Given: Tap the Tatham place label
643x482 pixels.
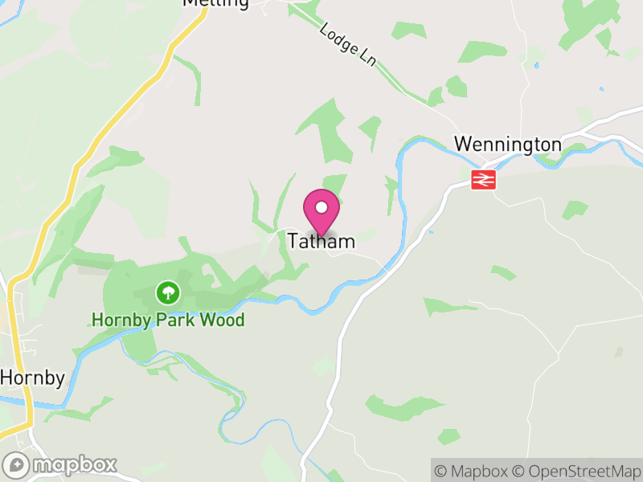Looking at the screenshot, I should [321, 240].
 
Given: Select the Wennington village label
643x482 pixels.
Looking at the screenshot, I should [507, 144].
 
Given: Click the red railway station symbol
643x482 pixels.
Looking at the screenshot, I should [483, 178].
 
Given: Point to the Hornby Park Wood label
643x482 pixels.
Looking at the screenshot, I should [168, 320].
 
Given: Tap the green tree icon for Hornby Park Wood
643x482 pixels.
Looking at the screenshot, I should [167, 291].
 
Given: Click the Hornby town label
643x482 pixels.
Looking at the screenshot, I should [32, 378].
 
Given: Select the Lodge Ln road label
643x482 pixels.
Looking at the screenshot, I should [347, 43].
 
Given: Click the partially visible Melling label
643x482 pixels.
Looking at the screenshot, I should [215, 3].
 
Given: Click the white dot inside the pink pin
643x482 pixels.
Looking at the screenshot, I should [321, 207].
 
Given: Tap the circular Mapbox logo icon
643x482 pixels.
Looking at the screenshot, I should [17, 465].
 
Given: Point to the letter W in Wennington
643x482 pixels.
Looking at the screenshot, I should [461, 144].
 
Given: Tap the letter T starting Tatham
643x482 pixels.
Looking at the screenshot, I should [293, 240].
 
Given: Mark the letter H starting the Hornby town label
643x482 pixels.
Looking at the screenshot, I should [6, 378].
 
